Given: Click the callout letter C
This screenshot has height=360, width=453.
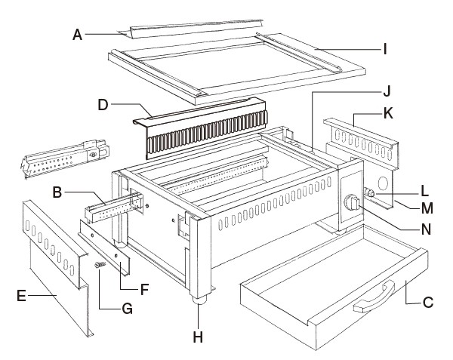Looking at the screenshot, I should (428, 303).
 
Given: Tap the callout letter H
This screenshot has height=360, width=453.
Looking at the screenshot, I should (199, 337).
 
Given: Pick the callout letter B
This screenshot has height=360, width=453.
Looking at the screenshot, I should (58, 194).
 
